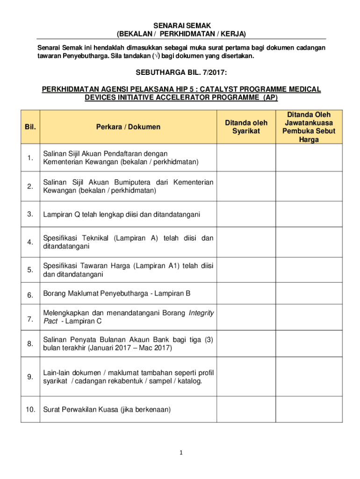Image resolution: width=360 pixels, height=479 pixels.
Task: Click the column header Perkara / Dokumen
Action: tap(128, 127)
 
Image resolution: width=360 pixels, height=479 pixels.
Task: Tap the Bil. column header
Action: tap(30, 127)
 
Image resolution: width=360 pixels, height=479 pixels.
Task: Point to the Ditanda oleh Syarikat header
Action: tap(246, 127)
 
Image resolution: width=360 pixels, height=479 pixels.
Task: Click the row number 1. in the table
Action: tap(30, 158)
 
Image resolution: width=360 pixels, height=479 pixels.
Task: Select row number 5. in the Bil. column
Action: tap(30, 270)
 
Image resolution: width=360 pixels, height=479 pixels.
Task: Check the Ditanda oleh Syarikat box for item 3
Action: tap(246, 214)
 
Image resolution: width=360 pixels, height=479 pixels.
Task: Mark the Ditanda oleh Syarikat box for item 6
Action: tap(246, 295)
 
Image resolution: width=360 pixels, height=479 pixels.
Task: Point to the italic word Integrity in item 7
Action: tap(201, 312)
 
